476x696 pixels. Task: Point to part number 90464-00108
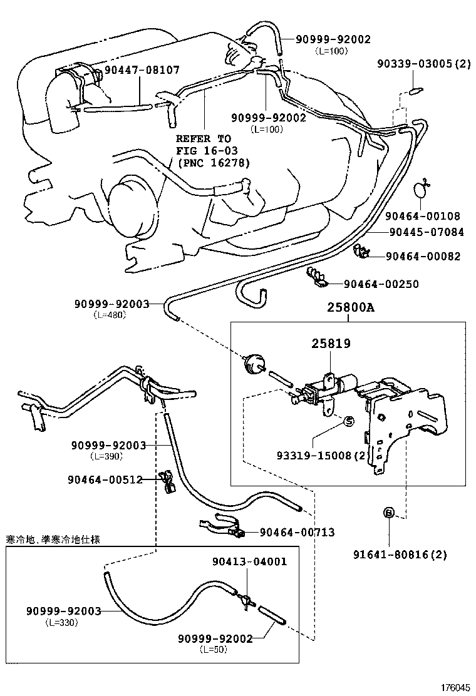(422, 216)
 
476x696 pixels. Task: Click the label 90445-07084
(426, 232)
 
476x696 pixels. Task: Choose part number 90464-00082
(423, 256)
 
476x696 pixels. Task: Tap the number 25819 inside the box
(331, 344)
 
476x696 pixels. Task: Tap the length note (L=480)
(109, 315)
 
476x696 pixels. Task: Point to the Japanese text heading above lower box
(53, 539)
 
